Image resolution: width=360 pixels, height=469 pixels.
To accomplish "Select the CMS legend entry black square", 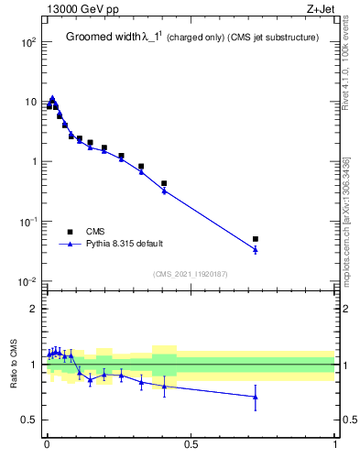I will (69, 233).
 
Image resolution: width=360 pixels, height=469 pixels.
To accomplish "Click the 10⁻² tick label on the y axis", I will (28, 281).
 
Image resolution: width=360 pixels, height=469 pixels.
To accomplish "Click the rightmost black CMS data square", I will (256, 239).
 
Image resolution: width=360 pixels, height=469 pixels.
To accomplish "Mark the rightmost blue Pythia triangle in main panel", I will (256, 249).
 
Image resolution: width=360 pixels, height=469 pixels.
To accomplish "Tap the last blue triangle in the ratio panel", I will (256, 397).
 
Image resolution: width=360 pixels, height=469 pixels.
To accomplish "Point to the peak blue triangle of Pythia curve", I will (52, 98).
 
